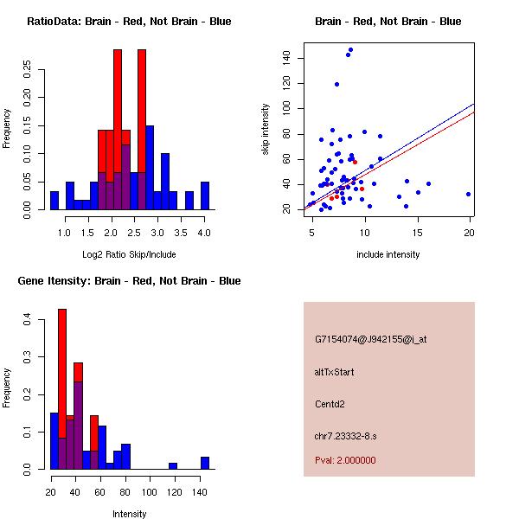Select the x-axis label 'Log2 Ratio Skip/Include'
coord(129,255)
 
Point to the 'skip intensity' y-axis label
coord(266,130)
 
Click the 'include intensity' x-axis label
coord(388,255)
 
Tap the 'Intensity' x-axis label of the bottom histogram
coord(129,514)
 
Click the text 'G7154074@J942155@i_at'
coord(371,339)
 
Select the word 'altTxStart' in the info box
coord(335,372)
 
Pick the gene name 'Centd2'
coord(330,404)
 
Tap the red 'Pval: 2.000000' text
coord(345,460)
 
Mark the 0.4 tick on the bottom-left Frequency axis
coord(27,321)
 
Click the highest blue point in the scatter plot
coord(350,50)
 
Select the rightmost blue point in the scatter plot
coord(468,194)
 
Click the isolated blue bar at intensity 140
coord(205,463)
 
